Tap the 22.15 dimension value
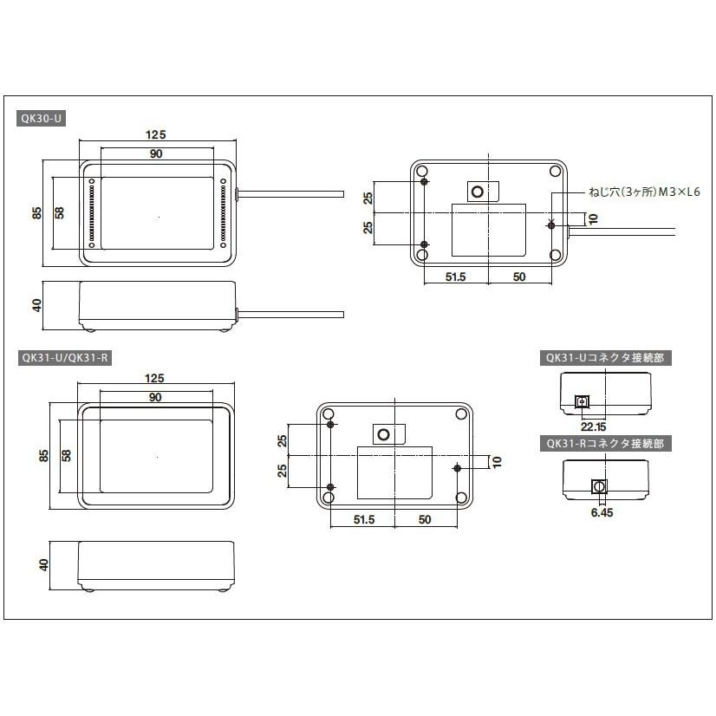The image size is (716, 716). point(593,426)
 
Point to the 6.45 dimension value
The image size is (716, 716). point(601,512)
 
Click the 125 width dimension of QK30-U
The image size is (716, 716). point(155,133)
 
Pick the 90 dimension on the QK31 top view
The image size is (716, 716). point(155,397)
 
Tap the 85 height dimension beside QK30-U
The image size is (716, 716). point(37,212)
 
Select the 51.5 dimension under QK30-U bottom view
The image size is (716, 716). point(455,277)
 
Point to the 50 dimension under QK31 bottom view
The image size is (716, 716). point(425,519)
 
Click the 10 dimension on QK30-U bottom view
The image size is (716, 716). point(592,219)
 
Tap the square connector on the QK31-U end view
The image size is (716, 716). point(581,401)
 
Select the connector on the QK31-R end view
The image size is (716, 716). point(597,487)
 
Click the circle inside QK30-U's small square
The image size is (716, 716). point(478,191)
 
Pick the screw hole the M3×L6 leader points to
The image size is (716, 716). point(552,225)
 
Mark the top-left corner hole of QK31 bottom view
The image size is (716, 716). point(329,414)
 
